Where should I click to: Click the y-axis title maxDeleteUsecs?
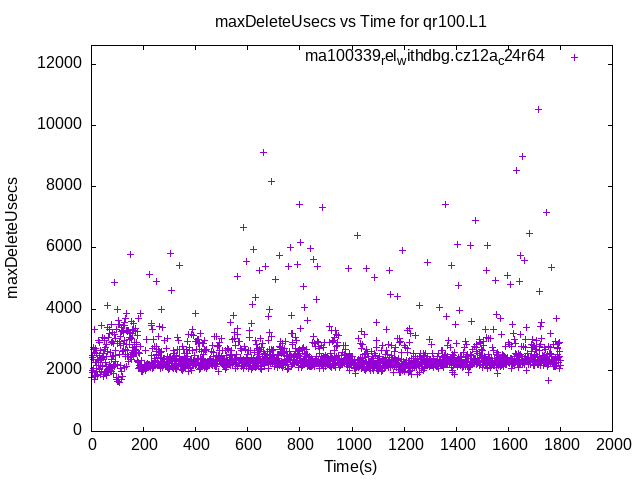[x=14, y=237]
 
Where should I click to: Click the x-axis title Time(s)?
[x=351, y=466]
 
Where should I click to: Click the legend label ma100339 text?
[x=425, y=56]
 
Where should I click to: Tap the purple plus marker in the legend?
[x=574, y=57]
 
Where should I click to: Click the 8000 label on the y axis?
[x=65, y=186]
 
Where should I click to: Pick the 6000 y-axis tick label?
[x=65, y=247]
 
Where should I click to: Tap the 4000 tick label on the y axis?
[x=65, y=308]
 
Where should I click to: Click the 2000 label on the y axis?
[x=65, y=369]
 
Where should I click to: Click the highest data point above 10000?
[x=538, y=109]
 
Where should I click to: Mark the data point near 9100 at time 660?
[x=263, y=152]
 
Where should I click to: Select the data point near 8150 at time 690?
[x=271, y=181]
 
